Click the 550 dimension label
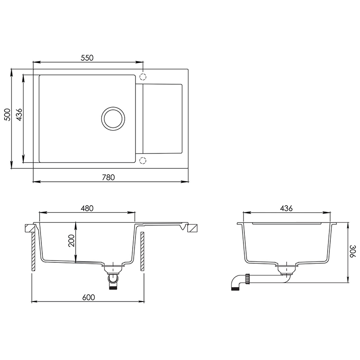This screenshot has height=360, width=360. (87, 58)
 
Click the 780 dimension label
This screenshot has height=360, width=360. (108, 177)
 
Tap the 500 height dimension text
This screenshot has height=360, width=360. (8, 115)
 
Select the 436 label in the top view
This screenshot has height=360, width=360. (19, 115)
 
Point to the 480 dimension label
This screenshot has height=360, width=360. (87, 208)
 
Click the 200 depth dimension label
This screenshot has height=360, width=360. (72, 241)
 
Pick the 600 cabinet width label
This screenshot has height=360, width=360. (88, 297)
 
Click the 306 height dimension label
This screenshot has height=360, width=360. (353, 251)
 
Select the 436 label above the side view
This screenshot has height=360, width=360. (286, 208)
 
